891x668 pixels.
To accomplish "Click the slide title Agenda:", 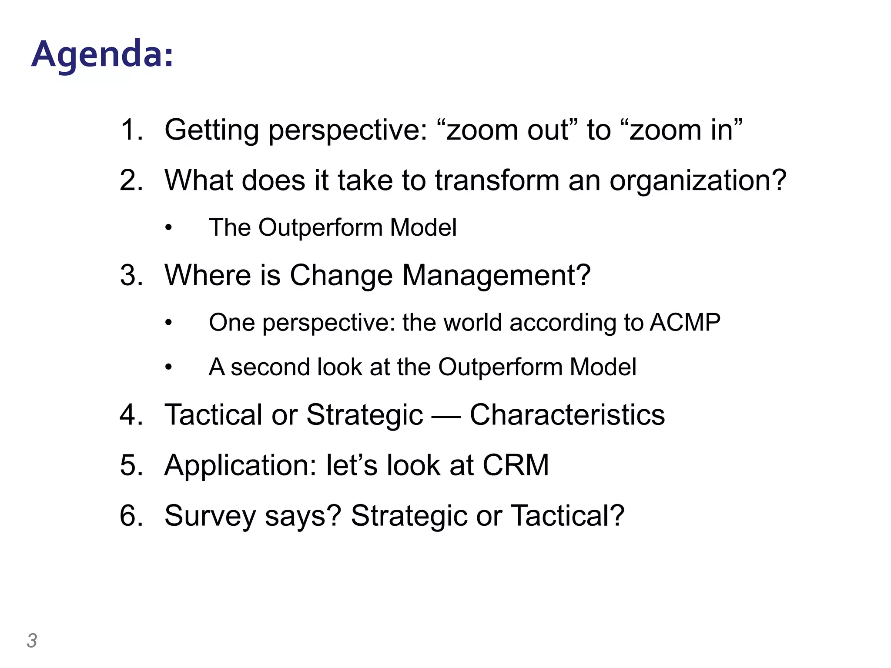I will point(102,55).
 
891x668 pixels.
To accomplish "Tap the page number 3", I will point(32,641).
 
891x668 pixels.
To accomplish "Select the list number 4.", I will point(131,414).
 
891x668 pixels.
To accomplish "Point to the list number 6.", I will point(131,516).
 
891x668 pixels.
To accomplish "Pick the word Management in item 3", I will point(496,275).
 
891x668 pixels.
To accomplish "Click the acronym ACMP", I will point(685,323).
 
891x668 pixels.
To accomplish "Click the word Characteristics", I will point(567,414).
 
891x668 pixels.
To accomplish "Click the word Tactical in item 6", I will point(567,516).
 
